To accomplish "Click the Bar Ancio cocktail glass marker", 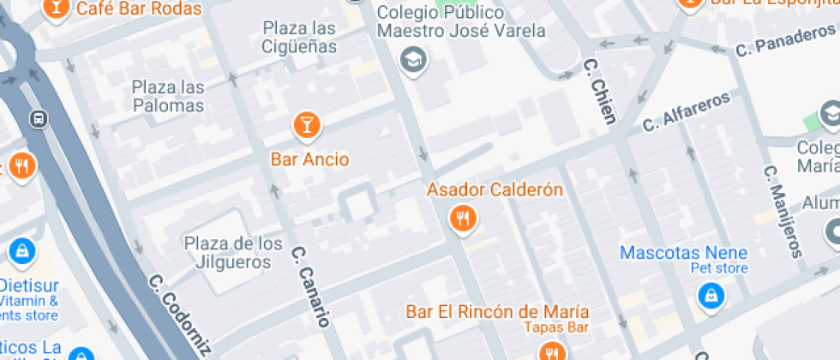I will pyautogui.click(x=305, y=125).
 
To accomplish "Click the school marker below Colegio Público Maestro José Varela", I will pyautogui.click(x=414, y=60).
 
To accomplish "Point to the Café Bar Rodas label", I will pyautogui.click(x=139, y=9).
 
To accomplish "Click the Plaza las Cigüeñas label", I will pyautogui.click(x=299, y=38).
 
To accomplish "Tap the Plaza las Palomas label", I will pyautogui.click(x=168, y=97).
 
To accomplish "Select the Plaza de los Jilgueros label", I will pyautogui.click(x=233, y=253).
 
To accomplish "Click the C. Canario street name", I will pyautogui.click(x=309, y=288).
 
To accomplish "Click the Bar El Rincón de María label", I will pyautogui.click(x=497, y=310).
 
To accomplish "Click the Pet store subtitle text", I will pyautogui.click(x=719, y=268).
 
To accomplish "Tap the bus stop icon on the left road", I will pyautogui.click(x=38, y=117).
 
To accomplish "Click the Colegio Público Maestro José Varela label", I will pyautogui.click(x=461, y=22).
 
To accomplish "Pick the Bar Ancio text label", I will pyautogui.click(x=309, y=159).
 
